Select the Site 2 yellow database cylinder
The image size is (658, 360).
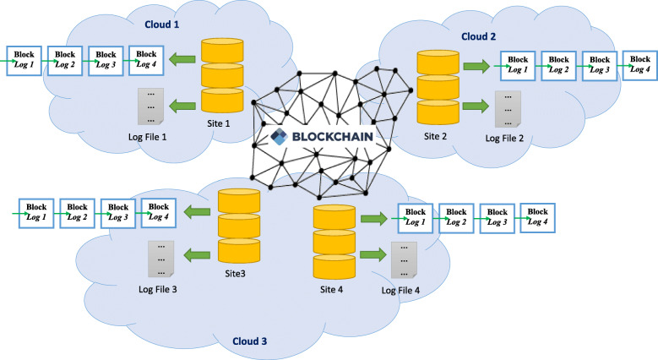pyautogui.click(x=437, y=87)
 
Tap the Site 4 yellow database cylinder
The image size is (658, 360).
pyautogui.click(x=334, y=241)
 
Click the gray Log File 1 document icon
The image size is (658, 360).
pyautogui.click(x=150, y=106)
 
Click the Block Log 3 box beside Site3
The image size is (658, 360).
pyautogui.click(x=117, y=211)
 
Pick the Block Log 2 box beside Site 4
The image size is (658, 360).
pyautogui.click(x=456, y=216)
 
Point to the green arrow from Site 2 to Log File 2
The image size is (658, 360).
pyautogui.click(x=475, y=107)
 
